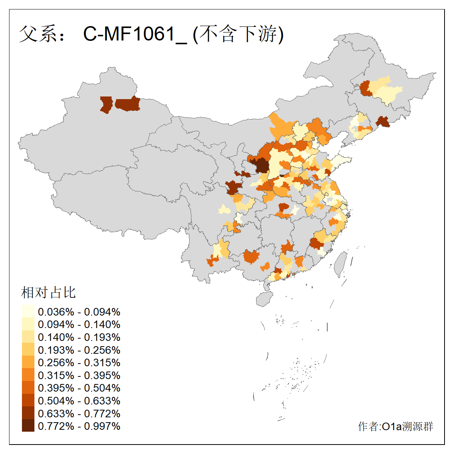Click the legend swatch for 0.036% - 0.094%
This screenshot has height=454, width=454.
click(x=28, y=311)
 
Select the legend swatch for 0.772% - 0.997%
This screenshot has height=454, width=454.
click(x=28, y=426)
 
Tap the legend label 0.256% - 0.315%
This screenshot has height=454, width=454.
click(x=79, y=362)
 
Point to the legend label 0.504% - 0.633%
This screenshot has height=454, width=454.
click(x=79, y=401)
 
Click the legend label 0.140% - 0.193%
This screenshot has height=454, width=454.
click(x=79, y=337)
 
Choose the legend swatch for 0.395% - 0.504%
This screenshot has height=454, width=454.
click(x=28, y=388)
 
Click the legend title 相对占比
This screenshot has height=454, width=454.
click(x=48, y=292)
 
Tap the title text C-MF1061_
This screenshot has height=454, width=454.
click(x=135, y=34)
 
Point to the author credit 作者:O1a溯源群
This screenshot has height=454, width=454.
click(x=395, y=426)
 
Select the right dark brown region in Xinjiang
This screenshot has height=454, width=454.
click(x=128, y=104)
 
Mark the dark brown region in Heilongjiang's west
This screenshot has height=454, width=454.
click(x=365, y=88)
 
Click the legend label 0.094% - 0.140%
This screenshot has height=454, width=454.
click(x=79, y=324)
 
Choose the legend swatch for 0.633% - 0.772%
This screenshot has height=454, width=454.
click(x=28, y=413)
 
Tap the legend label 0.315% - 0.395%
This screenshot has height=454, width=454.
click(x=79, y=375)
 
